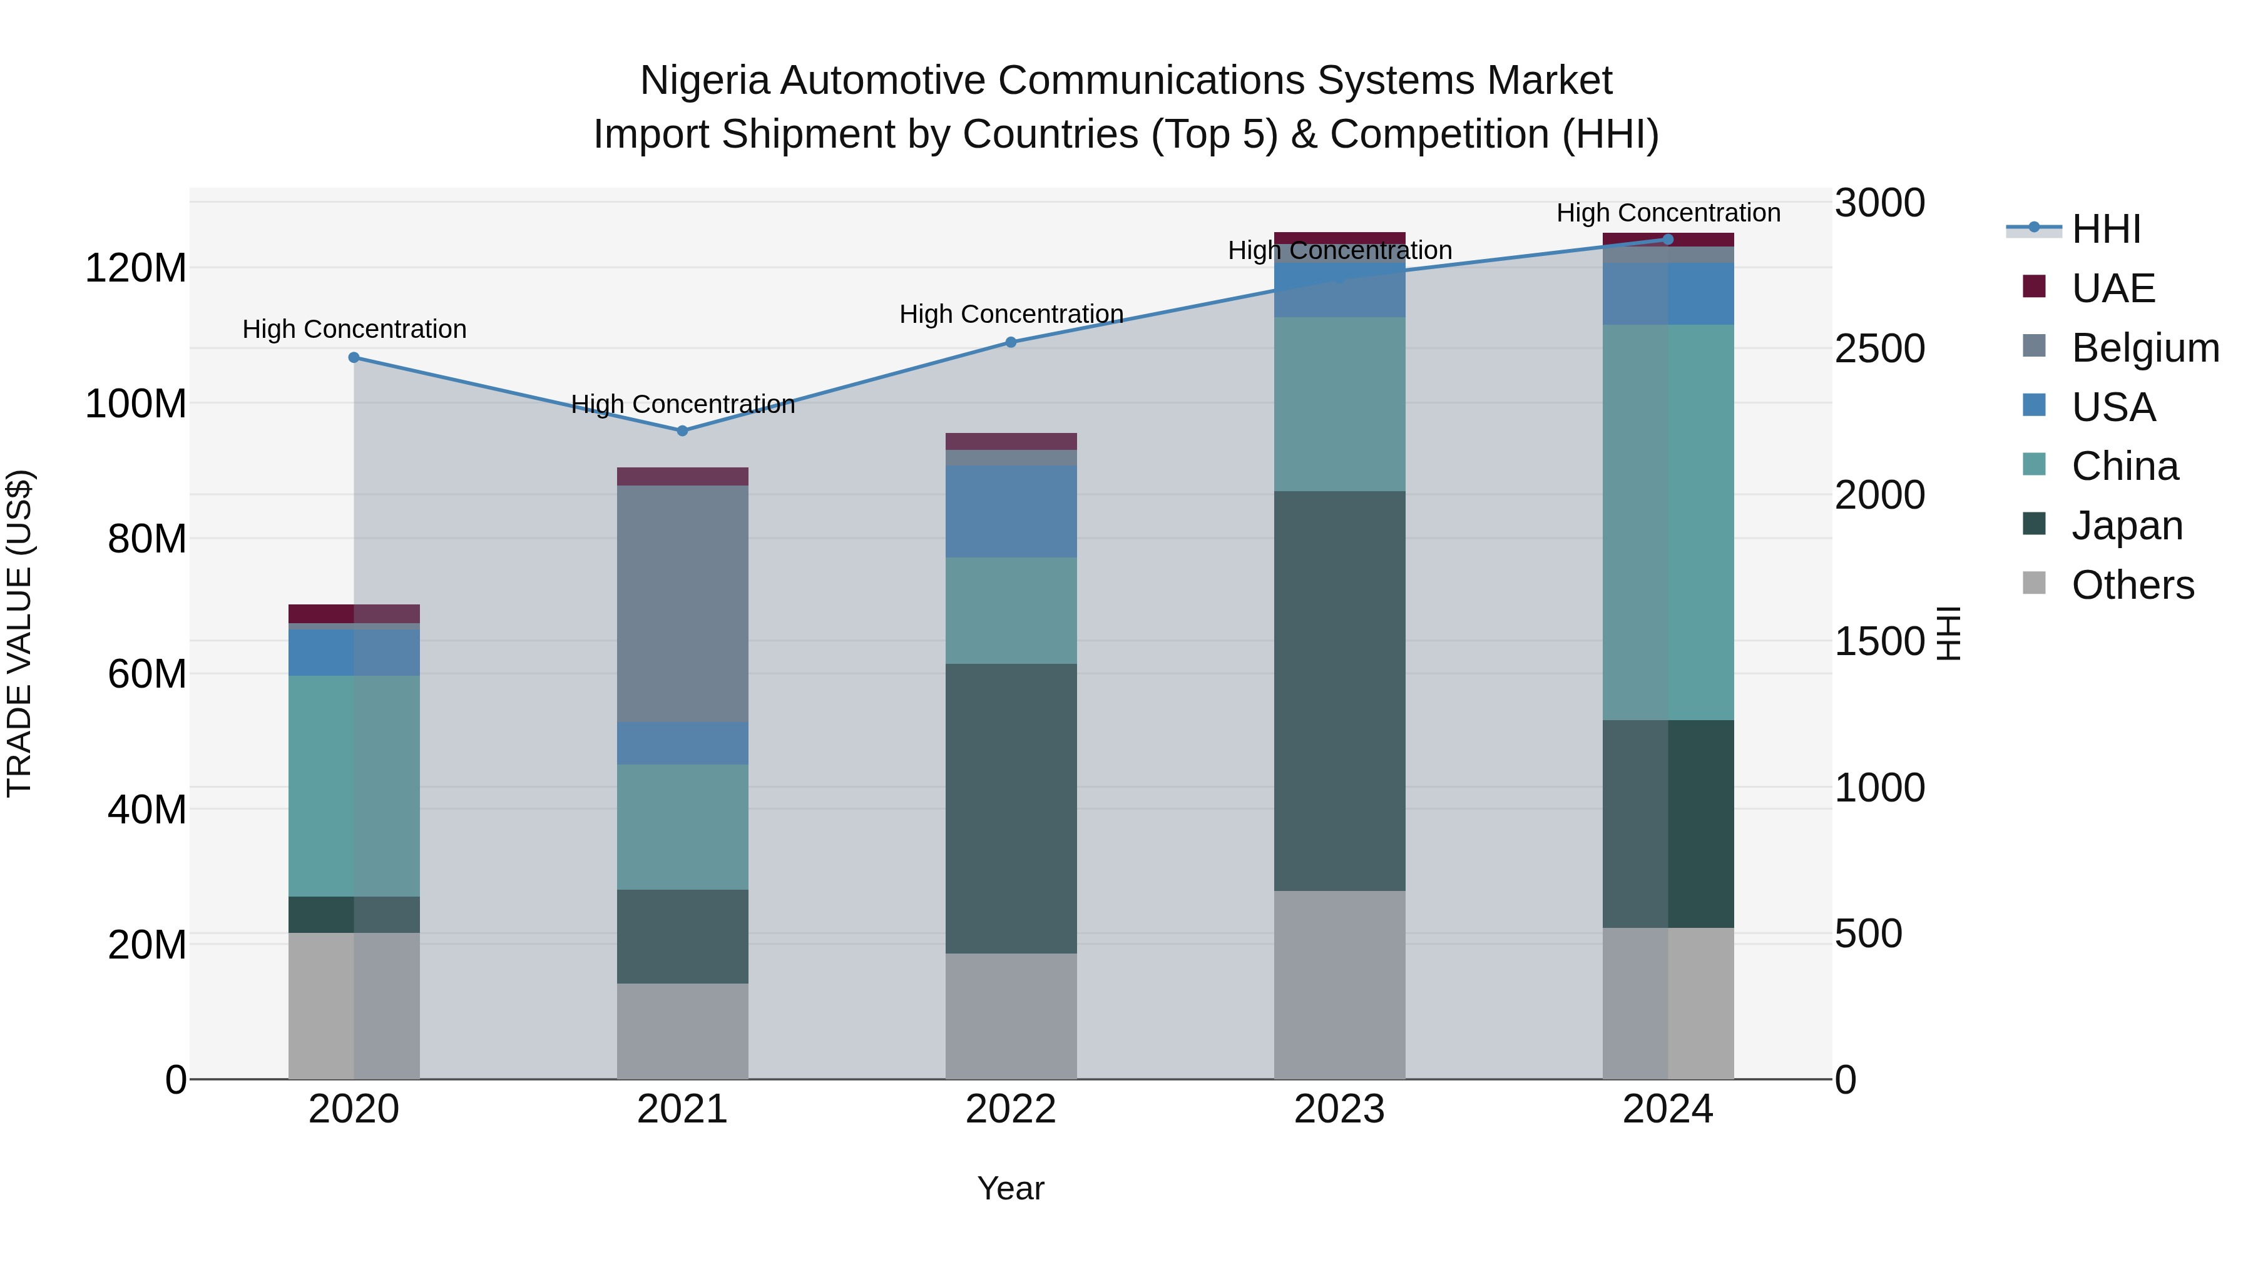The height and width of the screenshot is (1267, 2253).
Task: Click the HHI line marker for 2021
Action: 682,431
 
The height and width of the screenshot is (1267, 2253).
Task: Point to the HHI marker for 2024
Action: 1668,240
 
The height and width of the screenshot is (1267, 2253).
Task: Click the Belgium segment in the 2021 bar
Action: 682,603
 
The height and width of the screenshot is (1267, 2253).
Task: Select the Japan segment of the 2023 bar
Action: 1339,691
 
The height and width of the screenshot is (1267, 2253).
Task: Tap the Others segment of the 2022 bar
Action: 1010,1016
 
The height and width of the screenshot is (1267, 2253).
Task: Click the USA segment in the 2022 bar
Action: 1010,512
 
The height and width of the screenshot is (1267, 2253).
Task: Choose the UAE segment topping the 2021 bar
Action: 682,477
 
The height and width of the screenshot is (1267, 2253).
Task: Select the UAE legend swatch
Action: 2035,287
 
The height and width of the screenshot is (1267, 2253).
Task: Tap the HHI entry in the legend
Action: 2105,229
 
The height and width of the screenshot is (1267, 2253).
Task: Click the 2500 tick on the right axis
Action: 1879,349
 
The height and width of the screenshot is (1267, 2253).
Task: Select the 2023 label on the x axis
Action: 1339,1109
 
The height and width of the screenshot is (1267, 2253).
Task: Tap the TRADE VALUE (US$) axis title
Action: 19,633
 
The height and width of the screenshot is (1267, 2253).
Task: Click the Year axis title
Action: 1010,1188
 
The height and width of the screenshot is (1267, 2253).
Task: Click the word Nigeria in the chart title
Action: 704,81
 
